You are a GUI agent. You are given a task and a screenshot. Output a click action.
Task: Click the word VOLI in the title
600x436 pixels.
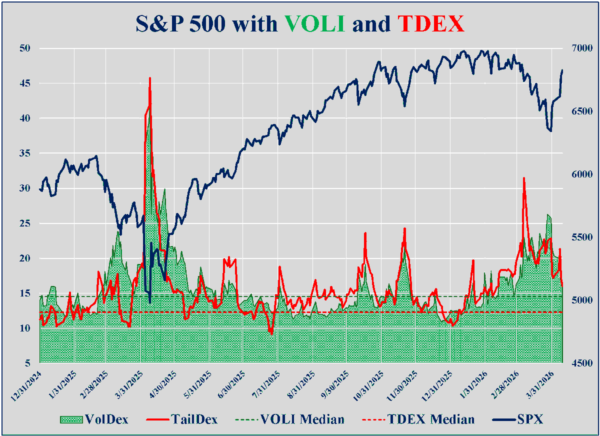click(x=314, y=23)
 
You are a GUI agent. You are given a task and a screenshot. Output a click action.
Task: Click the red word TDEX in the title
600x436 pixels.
click(x=431, y=23)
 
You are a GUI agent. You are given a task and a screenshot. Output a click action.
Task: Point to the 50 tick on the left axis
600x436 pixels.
click(x=25, y=48)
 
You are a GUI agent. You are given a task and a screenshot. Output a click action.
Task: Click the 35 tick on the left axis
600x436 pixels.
click(x=25, y=153)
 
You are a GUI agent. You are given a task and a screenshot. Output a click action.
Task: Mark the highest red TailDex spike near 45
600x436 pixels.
click(x=150, y=78)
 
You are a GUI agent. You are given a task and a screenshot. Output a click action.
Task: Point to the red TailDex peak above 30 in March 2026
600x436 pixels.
click(x=523, y=178)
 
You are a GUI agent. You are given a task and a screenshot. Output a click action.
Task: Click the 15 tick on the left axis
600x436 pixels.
click(x=25, y=293)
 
